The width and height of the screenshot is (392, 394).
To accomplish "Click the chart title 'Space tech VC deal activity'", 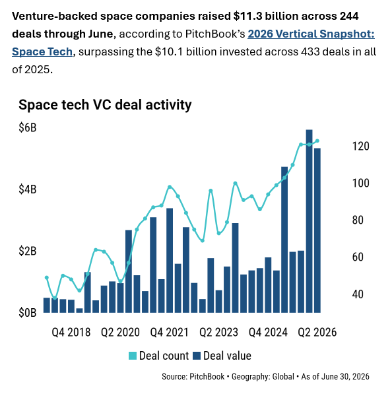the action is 105,105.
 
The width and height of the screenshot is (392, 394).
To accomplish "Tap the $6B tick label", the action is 28,127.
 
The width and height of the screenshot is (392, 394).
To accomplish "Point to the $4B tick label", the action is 28,189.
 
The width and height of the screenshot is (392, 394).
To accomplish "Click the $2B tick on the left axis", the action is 28,251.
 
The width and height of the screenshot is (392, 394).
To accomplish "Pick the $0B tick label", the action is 28,313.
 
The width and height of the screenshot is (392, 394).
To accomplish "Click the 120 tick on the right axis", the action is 360,146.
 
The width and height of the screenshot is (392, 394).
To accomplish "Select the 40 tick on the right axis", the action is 358,294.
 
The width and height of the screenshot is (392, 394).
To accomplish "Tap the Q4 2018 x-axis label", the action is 71,332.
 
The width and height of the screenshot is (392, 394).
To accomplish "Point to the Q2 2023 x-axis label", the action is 218,332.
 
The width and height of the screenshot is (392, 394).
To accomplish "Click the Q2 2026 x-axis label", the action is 317,332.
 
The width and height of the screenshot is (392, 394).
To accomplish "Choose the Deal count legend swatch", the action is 133,356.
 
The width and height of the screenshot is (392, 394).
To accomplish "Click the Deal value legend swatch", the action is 197,356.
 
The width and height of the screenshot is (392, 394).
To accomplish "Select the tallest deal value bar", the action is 309,221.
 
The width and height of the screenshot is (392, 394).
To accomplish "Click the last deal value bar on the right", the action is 317,230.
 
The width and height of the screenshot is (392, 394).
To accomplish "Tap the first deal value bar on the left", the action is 47,306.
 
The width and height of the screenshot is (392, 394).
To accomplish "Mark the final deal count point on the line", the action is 317,141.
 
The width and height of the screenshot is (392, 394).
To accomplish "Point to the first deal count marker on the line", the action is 47,278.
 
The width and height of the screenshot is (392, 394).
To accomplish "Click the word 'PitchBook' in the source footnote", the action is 207,377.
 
